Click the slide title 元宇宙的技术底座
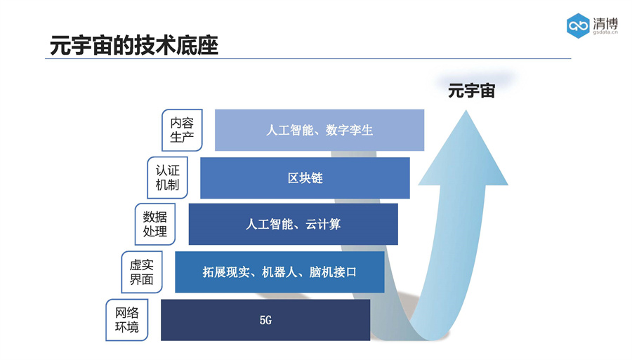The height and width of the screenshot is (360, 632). point(134,45)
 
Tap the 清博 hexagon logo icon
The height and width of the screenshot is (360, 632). point(579,26)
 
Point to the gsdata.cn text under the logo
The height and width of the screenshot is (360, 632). point(605,32)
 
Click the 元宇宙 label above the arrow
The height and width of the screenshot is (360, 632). point(471,91)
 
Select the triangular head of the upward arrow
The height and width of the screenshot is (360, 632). point(463,153)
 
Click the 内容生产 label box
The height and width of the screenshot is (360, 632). point(182,130)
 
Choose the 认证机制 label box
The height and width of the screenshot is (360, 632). point(167,178)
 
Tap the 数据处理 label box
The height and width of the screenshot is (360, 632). point(154,225)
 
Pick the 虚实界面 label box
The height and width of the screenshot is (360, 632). point(141,272)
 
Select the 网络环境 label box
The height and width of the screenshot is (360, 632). point(126,320)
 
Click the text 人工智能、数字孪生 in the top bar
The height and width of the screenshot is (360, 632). point(320,130)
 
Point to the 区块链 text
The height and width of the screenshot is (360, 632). point(305,178)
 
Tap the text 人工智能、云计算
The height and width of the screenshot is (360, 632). point(293,225)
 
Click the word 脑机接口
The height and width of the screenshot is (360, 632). point(333,272)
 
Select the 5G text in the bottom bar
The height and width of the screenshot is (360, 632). point(265,320)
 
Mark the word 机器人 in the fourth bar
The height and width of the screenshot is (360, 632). point(279,272)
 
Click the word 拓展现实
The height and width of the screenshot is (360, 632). point(225,272)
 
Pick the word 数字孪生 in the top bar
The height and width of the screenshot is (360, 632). point(350,130)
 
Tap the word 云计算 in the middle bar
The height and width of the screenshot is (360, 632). point(323,225)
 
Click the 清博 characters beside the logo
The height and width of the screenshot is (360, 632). point(605,22)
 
